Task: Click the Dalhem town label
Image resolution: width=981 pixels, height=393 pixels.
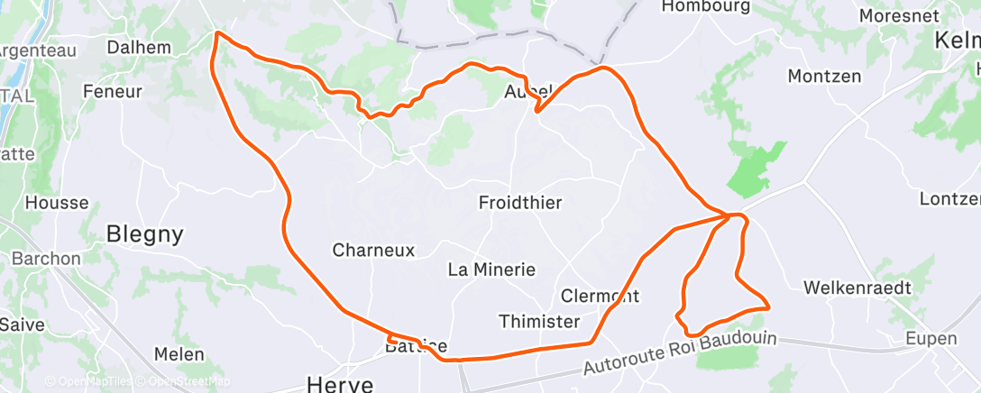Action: click(138, 47)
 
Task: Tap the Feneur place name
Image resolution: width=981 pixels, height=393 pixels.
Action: click(113, 91)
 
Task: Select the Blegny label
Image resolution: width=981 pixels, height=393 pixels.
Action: click(145, 235)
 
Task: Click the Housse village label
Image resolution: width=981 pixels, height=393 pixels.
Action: click(57, 203)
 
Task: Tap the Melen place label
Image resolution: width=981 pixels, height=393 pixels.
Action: click(179, 354)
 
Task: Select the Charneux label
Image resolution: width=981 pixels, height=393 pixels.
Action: click(373, 250)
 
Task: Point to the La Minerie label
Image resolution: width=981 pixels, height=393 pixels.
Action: click(491, 270)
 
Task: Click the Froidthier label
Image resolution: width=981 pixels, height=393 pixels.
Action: click(520, 203)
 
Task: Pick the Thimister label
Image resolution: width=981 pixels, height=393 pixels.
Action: click(539, 322)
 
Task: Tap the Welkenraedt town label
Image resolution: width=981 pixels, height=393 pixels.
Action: click(857, 288)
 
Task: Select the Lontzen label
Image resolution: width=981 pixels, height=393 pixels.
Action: click(949, 198)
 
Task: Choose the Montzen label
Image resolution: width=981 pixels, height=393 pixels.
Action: click(824, 77)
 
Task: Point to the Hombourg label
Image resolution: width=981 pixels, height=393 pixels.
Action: click(706, 7)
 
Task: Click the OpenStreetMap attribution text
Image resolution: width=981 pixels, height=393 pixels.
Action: click(187, 382)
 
